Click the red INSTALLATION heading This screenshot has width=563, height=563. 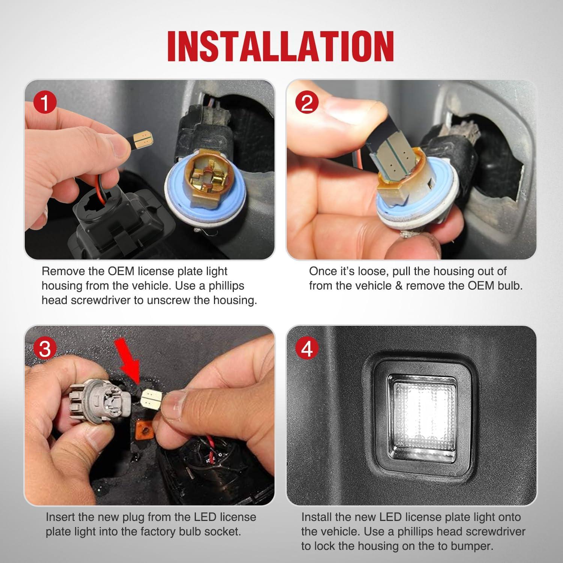click(x=281, y=46)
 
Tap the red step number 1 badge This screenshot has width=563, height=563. click(x=45, y=103)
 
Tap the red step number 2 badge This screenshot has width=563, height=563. click(x=307, y=103)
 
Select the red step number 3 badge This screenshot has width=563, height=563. click(x=45, y=349)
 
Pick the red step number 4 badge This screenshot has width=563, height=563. click(x=307, y=349)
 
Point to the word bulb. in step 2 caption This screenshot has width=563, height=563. click(x=508, y=286)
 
